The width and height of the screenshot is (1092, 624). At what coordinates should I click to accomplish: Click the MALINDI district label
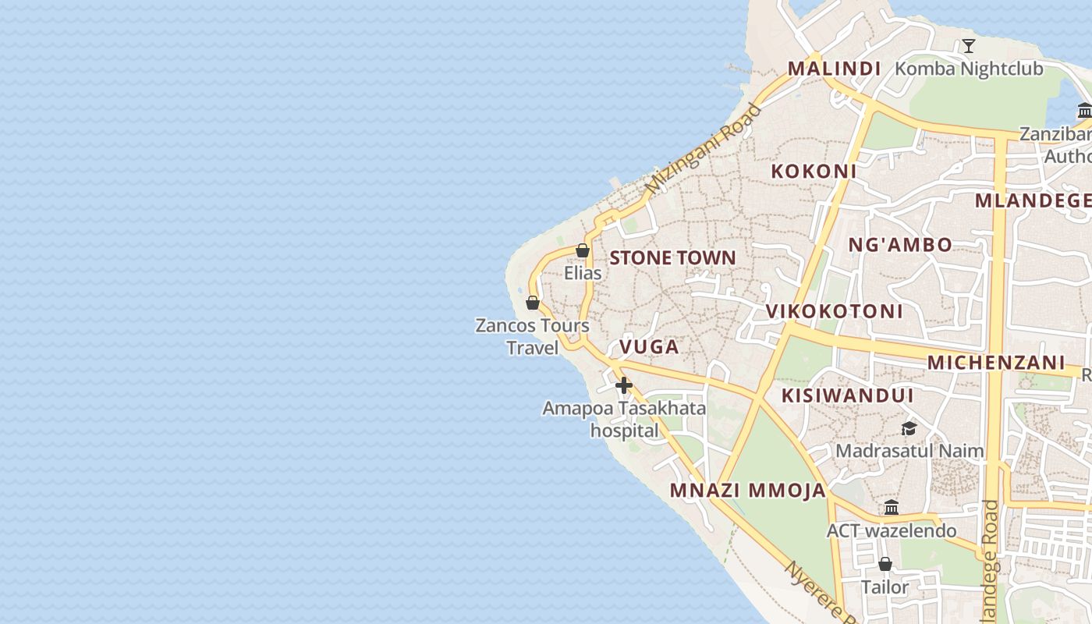coord(834,69)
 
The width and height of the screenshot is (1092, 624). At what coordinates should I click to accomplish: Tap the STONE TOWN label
coord(672,257)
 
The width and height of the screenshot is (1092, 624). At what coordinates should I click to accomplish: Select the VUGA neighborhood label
coord(649,347)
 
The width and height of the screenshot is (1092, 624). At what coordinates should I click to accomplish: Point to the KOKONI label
coord(814,172)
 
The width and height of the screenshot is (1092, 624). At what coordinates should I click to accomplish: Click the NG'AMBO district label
coord(900,245)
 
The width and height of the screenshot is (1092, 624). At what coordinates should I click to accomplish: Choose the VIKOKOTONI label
coord(834,311)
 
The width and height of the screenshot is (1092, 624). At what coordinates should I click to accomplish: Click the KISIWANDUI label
coord(847,395)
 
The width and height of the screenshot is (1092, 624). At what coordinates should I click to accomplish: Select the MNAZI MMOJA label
coord(747,491)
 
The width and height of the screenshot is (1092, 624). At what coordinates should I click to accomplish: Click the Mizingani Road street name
coord(703,148)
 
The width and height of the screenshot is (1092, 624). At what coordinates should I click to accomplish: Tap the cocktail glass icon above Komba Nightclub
coord(968,46)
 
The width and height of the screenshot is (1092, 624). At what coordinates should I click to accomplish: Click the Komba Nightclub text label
coord(968,69)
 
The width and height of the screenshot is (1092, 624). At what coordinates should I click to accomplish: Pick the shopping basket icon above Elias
coord(582,250)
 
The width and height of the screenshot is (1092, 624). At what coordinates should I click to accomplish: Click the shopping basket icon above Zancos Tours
coord(533,303)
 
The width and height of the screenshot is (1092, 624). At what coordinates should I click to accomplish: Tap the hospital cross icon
coord(623,385)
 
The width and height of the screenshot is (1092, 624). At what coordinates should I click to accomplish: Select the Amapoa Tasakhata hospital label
coord(624,419)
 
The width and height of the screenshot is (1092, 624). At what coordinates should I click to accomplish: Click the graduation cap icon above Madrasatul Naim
coord(909,428)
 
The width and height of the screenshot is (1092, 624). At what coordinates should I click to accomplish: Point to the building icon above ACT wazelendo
coord(892,508)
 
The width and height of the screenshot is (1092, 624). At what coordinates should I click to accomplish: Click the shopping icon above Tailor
coord(885,564)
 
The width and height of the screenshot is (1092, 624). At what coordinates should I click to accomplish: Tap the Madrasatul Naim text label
coord(909,451)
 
